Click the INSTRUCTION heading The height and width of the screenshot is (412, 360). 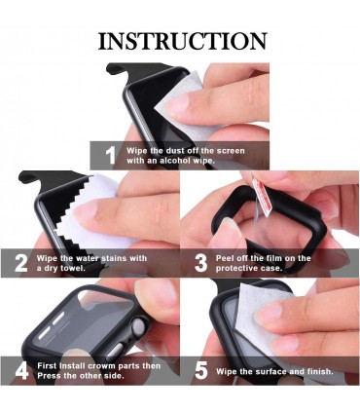[183, 41]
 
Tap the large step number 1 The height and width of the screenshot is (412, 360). [111, 156]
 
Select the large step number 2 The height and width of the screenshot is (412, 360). [21, 263]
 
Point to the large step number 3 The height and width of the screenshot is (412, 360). [201, 263]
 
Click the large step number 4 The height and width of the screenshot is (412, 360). [21, 371]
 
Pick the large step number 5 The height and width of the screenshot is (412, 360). [201, 371]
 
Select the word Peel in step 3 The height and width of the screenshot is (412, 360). [225, 258]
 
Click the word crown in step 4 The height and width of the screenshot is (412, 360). [102, 366]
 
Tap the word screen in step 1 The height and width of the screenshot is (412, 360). [231, 151]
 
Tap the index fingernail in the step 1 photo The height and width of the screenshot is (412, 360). [177, 103]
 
